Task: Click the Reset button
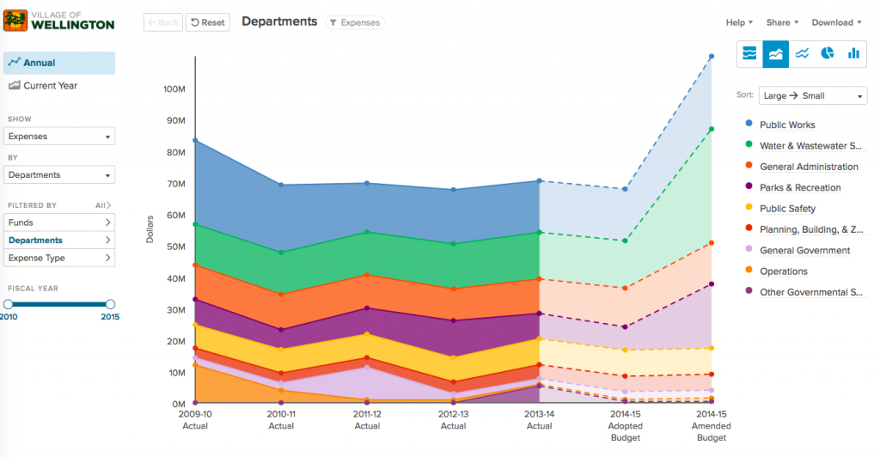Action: click(x=207, y=22)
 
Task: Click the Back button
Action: click(x=162, y=22)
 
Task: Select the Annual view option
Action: click(x=59, y=63)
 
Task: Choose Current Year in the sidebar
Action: click(x=49, y=86)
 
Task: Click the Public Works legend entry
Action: click(x=786, y=125)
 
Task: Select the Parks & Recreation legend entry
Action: click(x=799, y=188)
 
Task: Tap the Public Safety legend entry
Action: click(x=787, y=209)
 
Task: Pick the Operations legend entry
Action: click(x=783, y=271)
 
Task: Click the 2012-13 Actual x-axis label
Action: click(x=453, y=420)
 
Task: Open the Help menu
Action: click(x=739, y=22)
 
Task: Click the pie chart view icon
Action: click(x=828, y=53)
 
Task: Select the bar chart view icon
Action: click(x=853, y=53)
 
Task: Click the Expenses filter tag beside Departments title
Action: click(x=354, y=23)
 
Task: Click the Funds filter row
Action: click(x=59, y=222)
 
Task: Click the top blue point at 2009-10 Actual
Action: click(x=196, y=140)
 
